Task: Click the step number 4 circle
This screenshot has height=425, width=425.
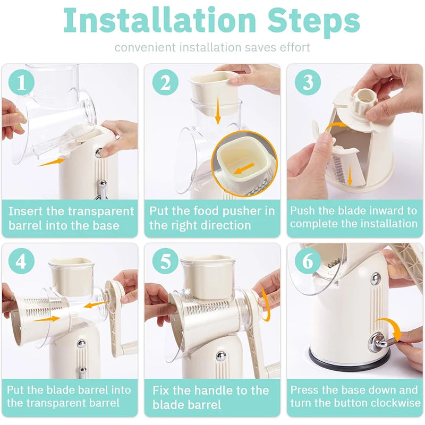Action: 21,261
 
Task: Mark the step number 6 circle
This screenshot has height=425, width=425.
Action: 307,261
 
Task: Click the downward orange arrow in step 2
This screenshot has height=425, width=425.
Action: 217,113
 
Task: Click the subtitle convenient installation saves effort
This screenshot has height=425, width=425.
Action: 212,47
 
